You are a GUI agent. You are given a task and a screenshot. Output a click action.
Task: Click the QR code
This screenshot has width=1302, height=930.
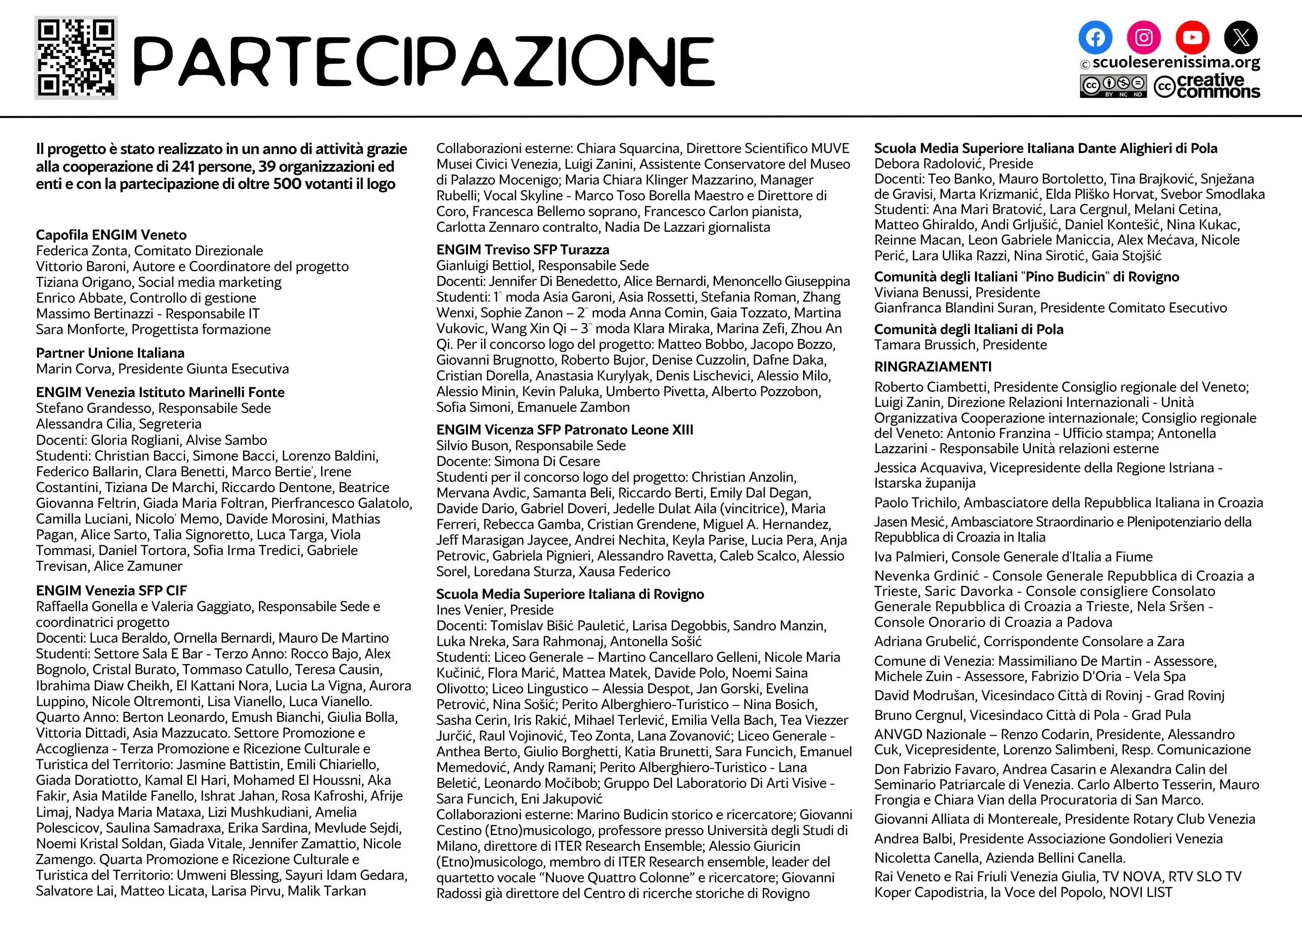[76, 58]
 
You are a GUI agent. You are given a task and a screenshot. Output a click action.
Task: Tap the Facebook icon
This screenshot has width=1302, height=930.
[1095, 37]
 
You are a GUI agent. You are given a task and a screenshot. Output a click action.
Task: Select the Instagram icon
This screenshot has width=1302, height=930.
[1144, 37]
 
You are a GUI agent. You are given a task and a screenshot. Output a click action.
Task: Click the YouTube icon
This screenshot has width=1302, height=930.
[1192, 37]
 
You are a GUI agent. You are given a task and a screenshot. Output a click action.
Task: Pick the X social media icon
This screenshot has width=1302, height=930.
[1240, 37]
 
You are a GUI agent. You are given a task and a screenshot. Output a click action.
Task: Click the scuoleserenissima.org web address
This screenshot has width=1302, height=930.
[1176, 62]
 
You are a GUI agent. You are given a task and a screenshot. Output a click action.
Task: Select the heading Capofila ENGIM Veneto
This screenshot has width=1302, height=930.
[111, 235]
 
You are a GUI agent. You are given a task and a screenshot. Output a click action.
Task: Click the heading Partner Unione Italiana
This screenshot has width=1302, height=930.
[110, 353]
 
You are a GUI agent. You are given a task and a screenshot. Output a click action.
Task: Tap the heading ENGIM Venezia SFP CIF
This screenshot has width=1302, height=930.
[111, 590]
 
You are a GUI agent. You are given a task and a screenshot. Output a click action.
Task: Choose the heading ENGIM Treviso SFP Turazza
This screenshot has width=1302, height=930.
[522, 249]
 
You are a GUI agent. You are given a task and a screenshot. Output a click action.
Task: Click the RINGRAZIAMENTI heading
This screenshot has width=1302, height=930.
[932, 367]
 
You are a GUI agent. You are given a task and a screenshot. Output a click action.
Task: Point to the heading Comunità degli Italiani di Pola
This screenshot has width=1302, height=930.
[968, 329]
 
